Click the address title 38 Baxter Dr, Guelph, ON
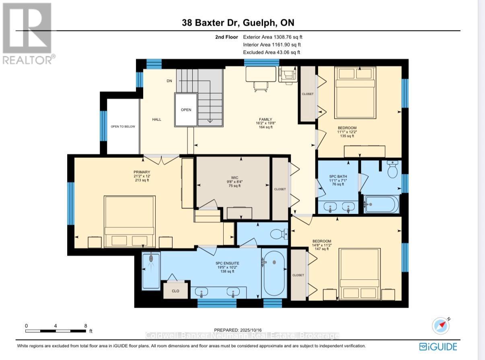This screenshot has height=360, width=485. point(240,23)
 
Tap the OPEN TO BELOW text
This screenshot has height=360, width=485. point(123,127)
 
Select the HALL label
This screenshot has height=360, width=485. point(156,119)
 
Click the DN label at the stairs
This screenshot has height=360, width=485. point(169,81)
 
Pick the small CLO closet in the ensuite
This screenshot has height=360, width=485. point(175,291)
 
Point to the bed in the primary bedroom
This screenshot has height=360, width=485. point(129,221)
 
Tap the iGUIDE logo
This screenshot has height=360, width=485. point(438,346)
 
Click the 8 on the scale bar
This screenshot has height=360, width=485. point(86,326)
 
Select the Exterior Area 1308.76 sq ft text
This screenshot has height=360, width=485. point(272,37)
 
